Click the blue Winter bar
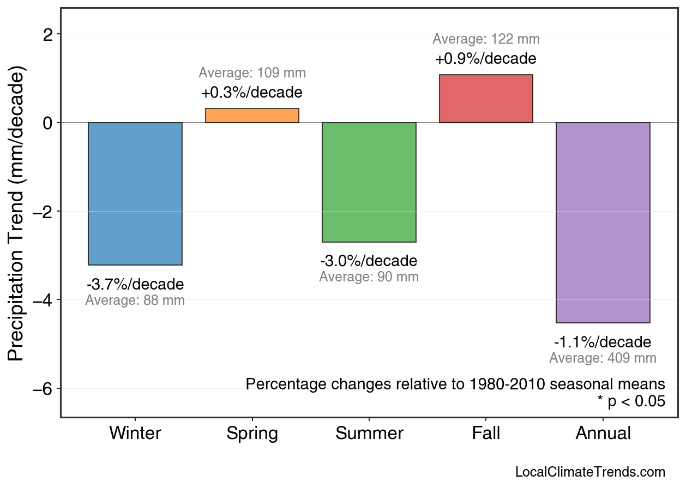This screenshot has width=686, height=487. pyautogui.click(x=135, y=194)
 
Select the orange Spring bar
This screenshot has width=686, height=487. pyautogui.click(x=252, y=116)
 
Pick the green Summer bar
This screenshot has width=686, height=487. pyautogui.click(x=369, y=182)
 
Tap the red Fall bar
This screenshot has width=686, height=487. pyautogui.click(x=486, y=99)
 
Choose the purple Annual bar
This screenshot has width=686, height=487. pyautogui.click(x=603, y=223)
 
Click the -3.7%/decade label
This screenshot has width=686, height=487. pyautogui.click(x=135, y=285)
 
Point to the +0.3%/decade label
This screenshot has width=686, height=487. pyautogui.click(x=252, y=93)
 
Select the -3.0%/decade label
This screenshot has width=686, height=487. pyautogui.click(x=369, y=261)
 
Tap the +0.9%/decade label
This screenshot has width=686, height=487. pyautogui.click(x=486, y=58)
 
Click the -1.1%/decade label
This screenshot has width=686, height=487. pyautogui.click(x=603, y=342)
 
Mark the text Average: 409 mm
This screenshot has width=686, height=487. pyautogui.click(x=603, y=358)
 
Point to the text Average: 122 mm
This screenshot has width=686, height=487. pyautogui.click(x=486, y=39)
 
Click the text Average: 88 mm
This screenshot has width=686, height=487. pyautogui.click(x=135, y=300)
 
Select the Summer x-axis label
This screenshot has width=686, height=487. pyautogui.click(x=369, y=434)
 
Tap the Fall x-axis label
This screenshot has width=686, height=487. pyautogui.click(x=486, y=434)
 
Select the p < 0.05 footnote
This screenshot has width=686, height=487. pyautogui.click(x=631, y=402)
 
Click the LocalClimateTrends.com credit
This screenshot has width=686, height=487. pyautogui.click(x=590, y=472)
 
